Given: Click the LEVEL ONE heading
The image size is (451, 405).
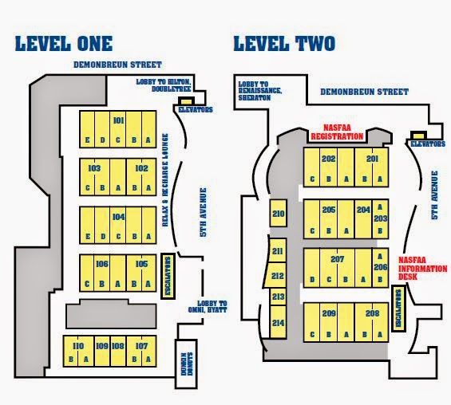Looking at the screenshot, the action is point(64,44).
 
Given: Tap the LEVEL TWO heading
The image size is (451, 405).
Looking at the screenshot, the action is point(284,44).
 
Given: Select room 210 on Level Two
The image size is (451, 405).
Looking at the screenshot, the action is point(278,213).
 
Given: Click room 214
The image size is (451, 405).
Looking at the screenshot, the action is point(278,322).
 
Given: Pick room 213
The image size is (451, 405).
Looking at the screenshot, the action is point(278,297).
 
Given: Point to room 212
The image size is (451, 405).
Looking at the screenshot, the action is point(275,276).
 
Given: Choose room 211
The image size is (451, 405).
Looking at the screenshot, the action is point(277,250).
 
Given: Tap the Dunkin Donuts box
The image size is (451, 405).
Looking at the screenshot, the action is point(186,364).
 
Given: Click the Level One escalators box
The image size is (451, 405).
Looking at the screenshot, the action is point(168,277).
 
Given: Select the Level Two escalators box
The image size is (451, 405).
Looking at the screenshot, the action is point(398,309).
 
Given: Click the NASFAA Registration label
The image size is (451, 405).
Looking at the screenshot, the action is point(337,132).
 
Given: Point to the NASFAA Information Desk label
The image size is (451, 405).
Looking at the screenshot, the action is point(422,269).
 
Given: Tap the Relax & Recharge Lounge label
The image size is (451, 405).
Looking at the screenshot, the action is point(165,180).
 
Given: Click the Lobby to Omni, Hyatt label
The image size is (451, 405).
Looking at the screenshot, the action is point(208,306).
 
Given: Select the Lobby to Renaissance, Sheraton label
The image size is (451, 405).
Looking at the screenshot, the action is point(260,91).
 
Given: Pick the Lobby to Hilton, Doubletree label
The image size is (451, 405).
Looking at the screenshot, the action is point(164,85).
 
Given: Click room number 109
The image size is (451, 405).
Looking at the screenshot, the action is point(102,346).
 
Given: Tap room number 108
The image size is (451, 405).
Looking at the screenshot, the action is point(118,346).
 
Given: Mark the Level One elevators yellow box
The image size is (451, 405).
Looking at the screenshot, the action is point(186,101).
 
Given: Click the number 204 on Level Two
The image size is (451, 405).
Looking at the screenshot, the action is point(363,210).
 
